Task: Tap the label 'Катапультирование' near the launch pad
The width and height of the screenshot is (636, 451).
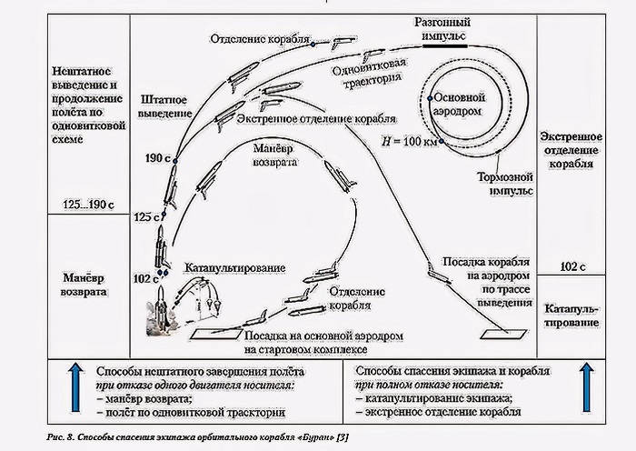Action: tap(235, 270)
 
